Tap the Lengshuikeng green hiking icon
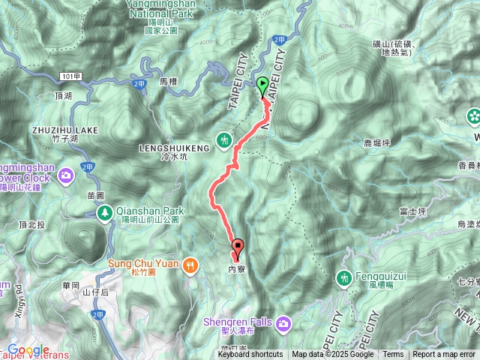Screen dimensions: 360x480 [224, 139]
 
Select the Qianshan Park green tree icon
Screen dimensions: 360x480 [105, 214]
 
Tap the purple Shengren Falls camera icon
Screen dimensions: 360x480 [283, 323]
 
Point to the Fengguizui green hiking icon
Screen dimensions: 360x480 [345, 278]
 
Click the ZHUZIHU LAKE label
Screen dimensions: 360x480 [64, 130]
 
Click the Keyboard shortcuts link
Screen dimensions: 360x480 [250, 354]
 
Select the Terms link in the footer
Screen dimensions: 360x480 [393, 354]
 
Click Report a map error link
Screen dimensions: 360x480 [444, 354]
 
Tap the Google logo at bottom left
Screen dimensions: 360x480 [28, 350]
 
